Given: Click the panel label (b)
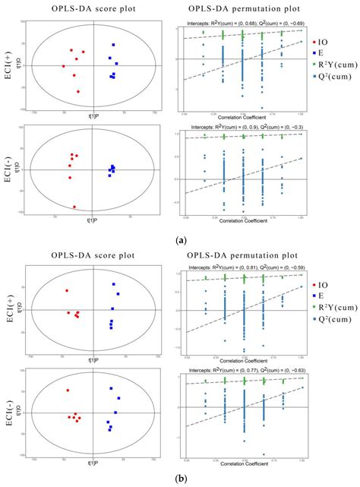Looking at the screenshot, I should click(181, 479).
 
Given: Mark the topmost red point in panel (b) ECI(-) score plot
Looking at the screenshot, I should click(68, 391).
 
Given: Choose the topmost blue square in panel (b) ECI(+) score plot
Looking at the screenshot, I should click(114, 284).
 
